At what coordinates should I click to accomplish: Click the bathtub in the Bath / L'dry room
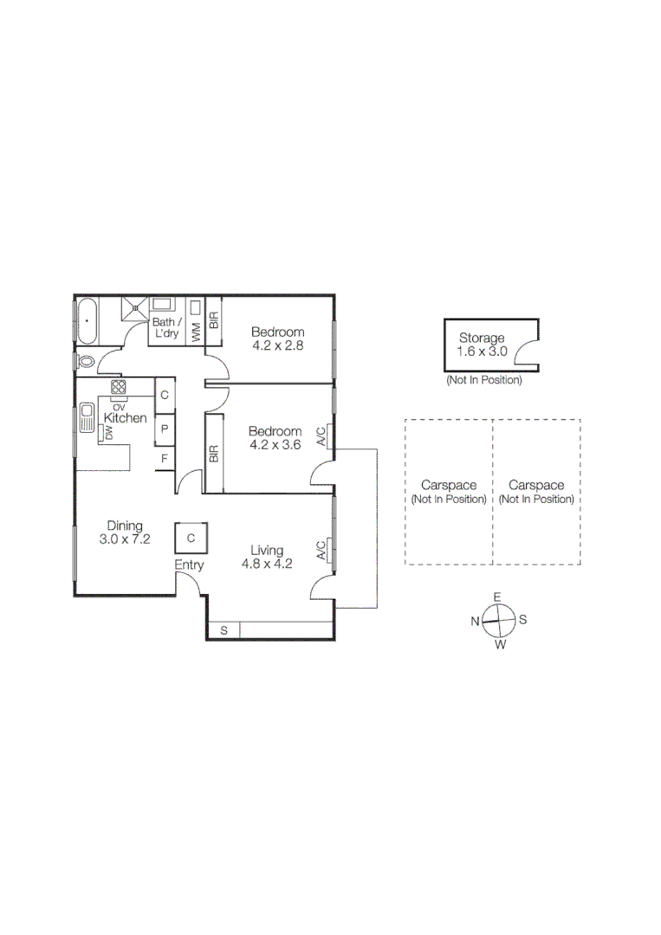(87, 321)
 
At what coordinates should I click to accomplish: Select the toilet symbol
(85, 360)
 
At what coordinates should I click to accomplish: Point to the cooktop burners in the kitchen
(119, 387)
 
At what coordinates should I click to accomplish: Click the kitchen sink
(86, 418)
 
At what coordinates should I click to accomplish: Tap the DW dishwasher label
(109, 432)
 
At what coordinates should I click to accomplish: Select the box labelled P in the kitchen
(163, 428)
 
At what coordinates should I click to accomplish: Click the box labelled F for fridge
(163, 458)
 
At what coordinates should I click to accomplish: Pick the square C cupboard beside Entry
(190, 538)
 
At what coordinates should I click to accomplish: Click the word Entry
(189, 565)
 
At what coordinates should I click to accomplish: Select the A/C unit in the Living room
(321, 551)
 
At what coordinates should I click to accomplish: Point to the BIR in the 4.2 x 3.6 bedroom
(213, 453)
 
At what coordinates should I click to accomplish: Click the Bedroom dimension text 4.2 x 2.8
(277, 345)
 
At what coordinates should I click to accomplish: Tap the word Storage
(481, 338)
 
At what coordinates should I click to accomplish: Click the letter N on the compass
(475, 621)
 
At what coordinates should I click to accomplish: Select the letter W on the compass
(500, 645)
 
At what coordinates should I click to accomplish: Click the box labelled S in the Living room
(224, 630)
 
